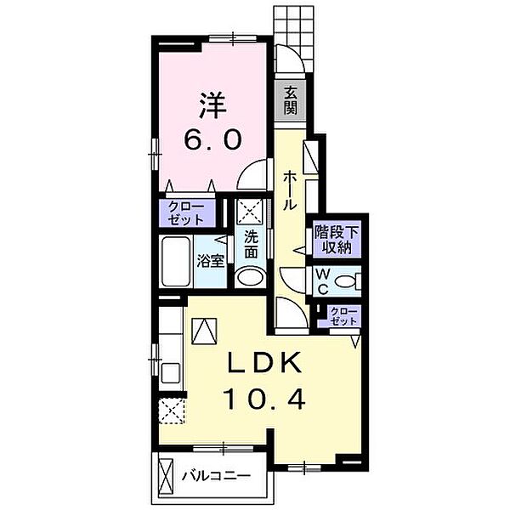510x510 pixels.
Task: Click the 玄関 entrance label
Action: [290, 100]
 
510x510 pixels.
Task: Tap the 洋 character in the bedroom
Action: [213, 105]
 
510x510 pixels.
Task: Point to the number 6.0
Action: [213, 139]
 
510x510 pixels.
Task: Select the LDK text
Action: [263, 363]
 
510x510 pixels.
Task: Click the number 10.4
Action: [264, 399]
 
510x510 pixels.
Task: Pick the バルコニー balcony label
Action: [216, 476]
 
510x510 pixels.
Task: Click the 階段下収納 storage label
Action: [337, 240]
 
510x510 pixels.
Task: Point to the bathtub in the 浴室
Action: [176, 262]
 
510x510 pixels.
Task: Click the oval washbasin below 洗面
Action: [250, 277]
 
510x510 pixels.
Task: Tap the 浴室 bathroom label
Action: [211, 261]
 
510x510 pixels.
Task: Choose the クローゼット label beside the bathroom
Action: [186, 213]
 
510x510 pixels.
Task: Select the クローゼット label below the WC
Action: [343, 316]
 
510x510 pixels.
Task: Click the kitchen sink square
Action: [171, 373]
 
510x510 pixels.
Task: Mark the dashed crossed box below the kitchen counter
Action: [172, 411]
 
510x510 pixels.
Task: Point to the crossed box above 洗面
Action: [250, 212]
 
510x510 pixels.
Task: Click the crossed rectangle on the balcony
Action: [166, 477]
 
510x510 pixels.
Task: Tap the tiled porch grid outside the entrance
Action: [293, 37]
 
